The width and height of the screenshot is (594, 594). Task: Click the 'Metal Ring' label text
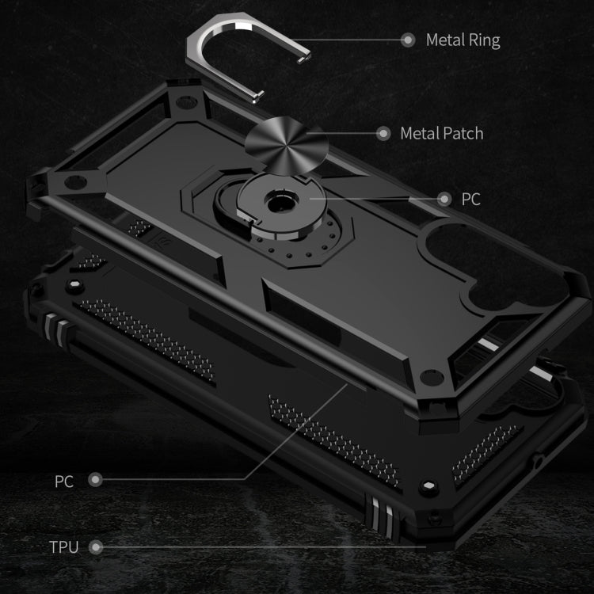tap(463, 40)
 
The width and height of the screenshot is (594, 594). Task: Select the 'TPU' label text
tap(64, 547)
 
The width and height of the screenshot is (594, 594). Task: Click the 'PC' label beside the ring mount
tap(470, 199)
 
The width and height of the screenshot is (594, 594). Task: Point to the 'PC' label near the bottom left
tap(64, 480)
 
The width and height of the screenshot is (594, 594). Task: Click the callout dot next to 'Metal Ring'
tap(409, 40)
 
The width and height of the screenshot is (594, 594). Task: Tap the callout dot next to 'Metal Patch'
tap(383, 133)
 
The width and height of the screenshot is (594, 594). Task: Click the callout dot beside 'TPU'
tap(96, 547)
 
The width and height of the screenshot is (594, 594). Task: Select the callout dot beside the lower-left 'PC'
tap(96, 480)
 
